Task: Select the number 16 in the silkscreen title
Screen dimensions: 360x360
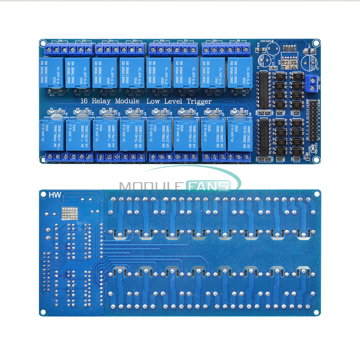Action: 84,101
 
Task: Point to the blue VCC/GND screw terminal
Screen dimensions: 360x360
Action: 312,83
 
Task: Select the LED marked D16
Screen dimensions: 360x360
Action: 60,92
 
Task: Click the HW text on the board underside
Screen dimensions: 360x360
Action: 54,195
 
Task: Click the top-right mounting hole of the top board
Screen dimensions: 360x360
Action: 316,43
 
